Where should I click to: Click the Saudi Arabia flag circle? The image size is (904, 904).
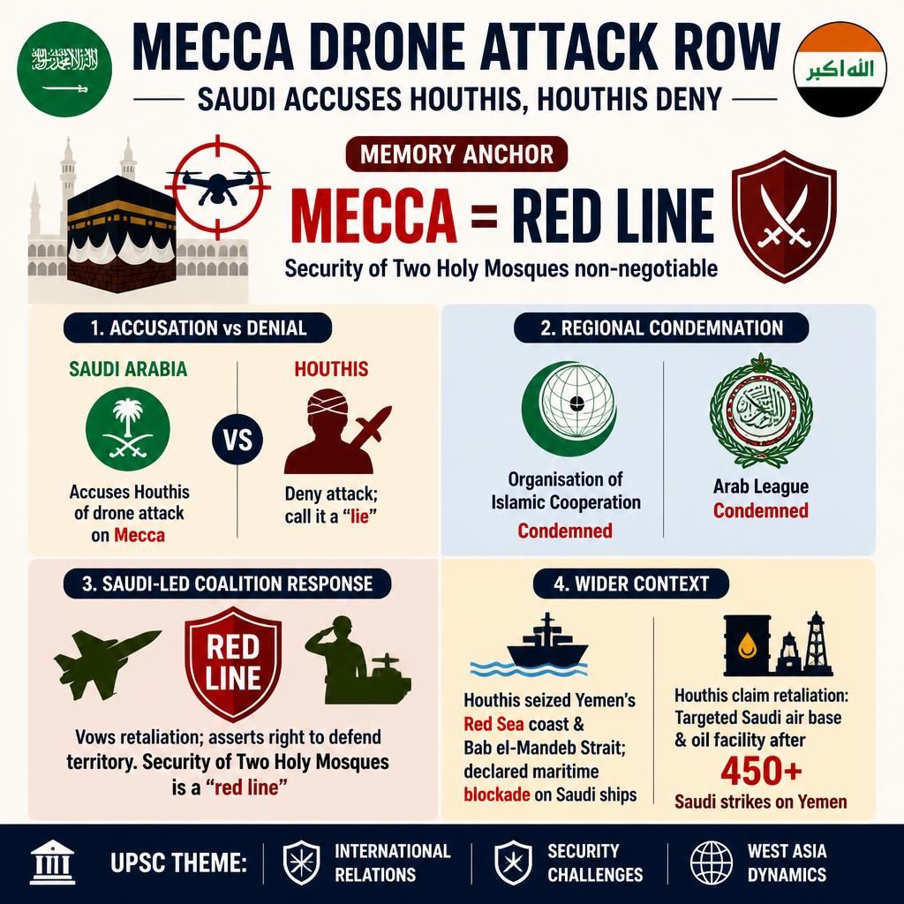click(x=64, y=68)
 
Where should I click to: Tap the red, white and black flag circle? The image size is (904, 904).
click(x=840, y=69)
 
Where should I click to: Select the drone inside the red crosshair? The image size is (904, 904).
click(x=217, y=185)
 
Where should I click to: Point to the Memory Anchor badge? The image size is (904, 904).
click(x=456, y=154)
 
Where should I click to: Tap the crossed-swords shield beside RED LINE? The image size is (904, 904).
click(x=784, y=216)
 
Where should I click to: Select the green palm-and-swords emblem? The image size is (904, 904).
click(x=128, y=429)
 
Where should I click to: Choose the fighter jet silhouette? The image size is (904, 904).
click(x=106, y=663)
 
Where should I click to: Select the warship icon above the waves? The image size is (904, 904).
click(x=547, y=640)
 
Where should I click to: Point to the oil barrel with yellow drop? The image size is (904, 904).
click(x=747, y=645)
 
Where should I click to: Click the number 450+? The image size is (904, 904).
click(x=761, y=770)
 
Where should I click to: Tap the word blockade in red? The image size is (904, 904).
click(x=497, y=795)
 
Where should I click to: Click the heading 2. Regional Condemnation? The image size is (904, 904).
click(x=661, y=328)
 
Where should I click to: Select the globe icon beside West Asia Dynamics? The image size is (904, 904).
click(x=712, y=863)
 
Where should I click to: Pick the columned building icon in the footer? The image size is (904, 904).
click(x=52, y=862)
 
